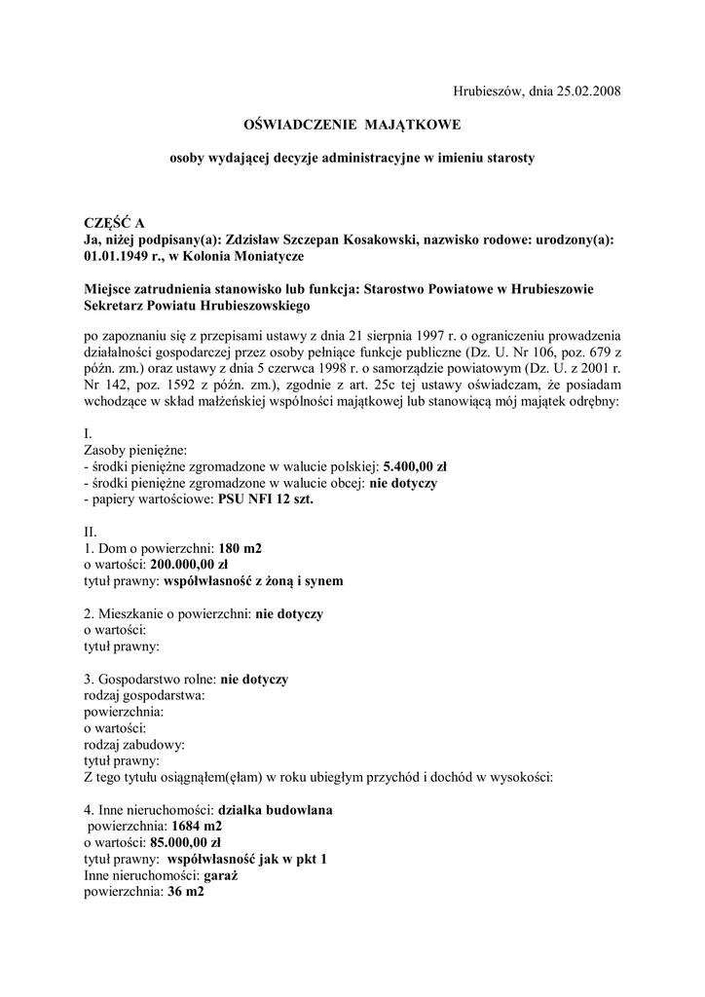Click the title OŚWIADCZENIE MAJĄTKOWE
(x=352, y=125)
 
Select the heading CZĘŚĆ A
(x=114, y=224)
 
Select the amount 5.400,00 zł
(x=415, y=466)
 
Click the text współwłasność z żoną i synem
(x=253, y=581)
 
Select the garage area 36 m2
(x=185, y=892)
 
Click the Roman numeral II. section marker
(x=91, y=532)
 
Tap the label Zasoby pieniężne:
(x=128, y=450)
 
